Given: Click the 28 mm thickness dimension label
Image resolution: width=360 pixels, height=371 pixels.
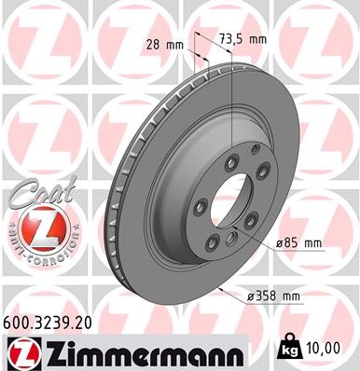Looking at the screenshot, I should point(165,44).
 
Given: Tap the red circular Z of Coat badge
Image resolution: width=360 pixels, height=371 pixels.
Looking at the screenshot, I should point(35,227).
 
